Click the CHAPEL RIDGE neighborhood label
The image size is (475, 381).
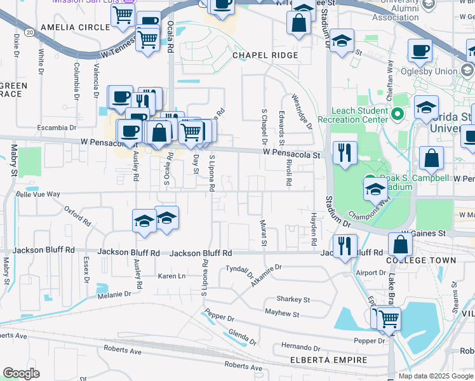pyautogui.click(x=265, y=55)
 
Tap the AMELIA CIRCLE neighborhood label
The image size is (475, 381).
pyautogui.click(x=69, y=28)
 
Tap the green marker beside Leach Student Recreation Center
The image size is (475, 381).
pyautogui.click(x=398, y=114)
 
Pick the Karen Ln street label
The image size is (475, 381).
pyautogui.click(x=171, y=276)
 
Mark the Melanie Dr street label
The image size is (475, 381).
pyautogui.click(x=114, y=294)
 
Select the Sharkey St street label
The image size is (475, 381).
pyautogui.click(x=293, y=299)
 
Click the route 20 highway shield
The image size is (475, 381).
pyautogui.click(x=29, y=31)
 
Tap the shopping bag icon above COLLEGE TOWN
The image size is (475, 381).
pyautogui.click(x=400, y=244)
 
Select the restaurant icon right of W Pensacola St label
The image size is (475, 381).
pyautogui.click(x=345, y=152)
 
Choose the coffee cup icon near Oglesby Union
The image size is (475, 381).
pyautogui.click(x=420, y=50)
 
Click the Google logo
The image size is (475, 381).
pyautogui.click(x=22, y=373)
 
